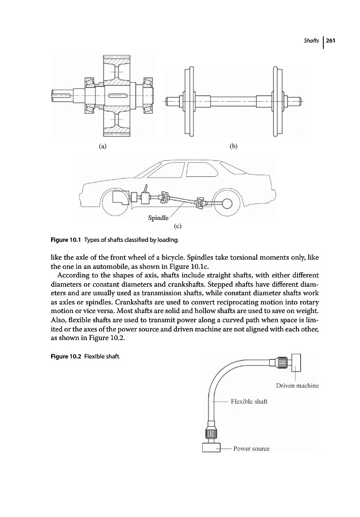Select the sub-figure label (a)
pyautogui.click(x=102, y=146)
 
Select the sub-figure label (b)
pyautogui.click(x=234, y=146)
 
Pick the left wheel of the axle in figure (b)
pyautogui.click(x=187, y=101)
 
